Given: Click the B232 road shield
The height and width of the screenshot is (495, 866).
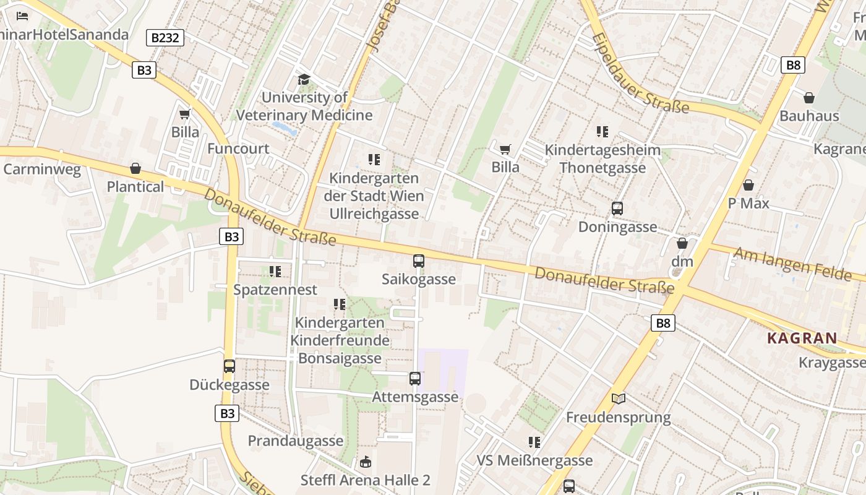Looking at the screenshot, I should (x=166, y=38).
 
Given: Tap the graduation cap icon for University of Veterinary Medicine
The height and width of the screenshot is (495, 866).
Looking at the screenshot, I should (x=304, y=79).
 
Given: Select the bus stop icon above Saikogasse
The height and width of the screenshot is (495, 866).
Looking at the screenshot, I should (x=419, y=261).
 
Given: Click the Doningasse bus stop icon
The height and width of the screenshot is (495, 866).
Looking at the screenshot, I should (x=617, y=209).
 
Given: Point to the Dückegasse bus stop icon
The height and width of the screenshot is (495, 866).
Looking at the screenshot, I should (x=229, y=366).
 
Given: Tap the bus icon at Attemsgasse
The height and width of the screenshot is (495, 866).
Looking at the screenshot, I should (x=414, y=378).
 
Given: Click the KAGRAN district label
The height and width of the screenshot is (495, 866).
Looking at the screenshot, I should (x=802, y=338).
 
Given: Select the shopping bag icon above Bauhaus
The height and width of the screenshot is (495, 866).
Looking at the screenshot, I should (x=808, y=98).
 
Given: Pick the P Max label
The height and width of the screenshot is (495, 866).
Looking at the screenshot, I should (x=748, y=203).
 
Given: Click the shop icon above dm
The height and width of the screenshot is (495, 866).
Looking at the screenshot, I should (x=682, y=243).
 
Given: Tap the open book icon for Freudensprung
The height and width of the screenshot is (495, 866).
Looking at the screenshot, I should (x=618, y=398).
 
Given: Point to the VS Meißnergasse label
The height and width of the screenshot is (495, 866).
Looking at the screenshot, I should (x=534, y=460).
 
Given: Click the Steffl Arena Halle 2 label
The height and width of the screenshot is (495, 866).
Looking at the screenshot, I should (x=365, y=480).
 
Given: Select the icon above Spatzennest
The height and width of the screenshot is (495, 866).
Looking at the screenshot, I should (x=275, y=271).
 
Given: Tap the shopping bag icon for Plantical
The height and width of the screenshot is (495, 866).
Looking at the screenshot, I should (x=135, y=168).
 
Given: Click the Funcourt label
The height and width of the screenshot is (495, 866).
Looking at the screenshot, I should (x=238, y=148).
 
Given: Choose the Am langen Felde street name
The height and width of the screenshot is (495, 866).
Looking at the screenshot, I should (x=792, y=264).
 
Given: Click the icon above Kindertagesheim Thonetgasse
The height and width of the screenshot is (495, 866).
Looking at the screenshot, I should (x=602, y=131).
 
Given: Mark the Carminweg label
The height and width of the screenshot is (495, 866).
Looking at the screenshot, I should (x=42, y=170).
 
